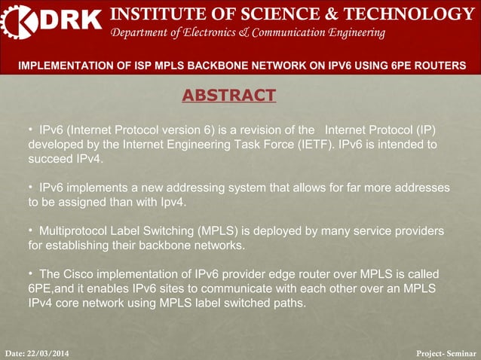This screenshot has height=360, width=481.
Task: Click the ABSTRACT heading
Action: (229, 95)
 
